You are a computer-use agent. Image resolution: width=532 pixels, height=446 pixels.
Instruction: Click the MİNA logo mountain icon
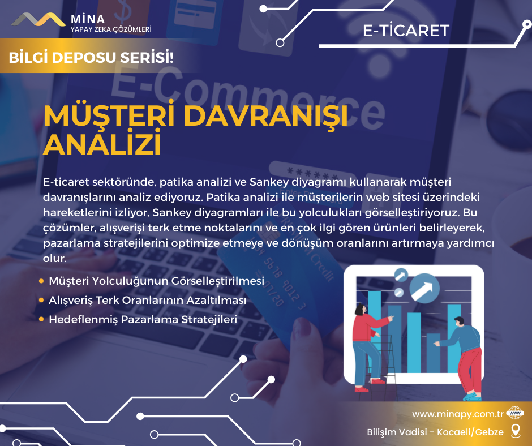point(38,19)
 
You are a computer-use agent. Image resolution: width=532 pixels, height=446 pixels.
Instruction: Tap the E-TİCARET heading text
point(406,31)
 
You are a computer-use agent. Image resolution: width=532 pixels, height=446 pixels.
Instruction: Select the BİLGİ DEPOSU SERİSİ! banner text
point(91,57)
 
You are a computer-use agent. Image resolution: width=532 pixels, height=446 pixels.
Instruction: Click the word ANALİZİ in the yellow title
point(102,145)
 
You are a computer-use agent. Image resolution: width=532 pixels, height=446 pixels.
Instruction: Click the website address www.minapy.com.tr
point(458,414)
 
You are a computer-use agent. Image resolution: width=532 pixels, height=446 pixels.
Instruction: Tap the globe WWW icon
point(515,413)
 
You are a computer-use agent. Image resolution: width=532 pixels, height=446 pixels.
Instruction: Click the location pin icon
point(516,431)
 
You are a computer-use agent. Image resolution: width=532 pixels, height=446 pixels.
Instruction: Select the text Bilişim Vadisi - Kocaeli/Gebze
point(435,432)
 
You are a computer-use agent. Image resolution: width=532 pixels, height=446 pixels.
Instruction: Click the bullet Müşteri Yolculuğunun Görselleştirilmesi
point(156,281)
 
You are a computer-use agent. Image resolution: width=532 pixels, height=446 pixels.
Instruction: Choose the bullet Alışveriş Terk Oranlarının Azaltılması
point(148,301)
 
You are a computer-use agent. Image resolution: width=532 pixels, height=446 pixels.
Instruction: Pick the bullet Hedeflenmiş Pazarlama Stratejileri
point(143,319)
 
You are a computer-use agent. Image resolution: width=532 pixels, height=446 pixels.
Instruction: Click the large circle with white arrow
point(424,288)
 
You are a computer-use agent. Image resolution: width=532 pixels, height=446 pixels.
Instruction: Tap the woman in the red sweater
point(368,346)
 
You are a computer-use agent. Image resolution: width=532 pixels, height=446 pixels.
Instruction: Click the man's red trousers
point(470,372)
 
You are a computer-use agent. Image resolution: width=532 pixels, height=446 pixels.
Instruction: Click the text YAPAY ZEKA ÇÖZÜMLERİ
point(111,29)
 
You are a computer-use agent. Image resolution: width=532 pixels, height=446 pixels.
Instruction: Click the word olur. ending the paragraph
point(55,258)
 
